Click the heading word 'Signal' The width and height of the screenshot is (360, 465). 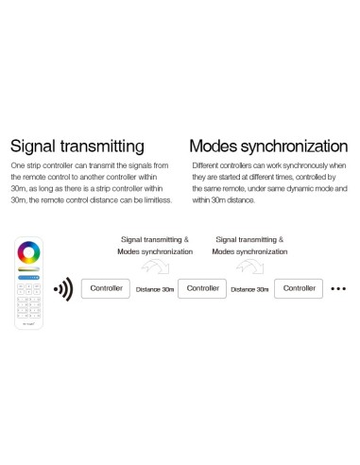35,147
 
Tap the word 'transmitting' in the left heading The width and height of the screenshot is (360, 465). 103,147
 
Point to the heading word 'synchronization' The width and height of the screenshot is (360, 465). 299,147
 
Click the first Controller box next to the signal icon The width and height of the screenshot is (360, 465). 106,287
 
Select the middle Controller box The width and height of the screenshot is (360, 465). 202,287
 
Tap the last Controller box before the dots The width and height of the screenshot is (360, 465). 300,287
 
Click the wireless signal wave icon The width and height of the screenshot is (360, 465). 62,288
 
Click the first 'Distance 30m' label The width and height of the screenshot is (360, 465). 154,288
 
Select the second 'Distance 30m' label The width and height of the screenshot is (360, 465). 250,288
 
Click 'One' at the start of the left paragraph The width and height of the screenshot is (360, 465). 17,165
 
